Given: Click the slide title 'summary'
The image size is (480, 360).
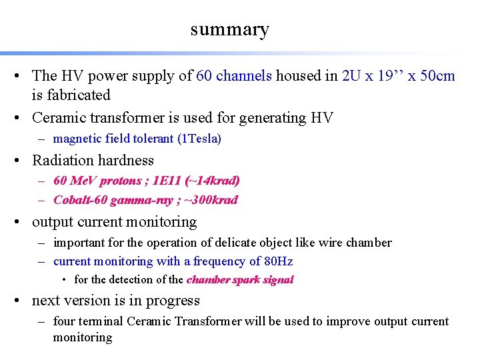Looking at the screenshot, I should click(x=229, y=29).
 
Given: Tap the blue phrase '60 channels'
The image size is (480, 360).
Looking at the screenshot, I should click(x=234, y=76).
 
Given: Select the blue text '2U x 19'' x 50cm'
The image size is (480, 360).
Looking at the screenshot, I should click(x=398, y=76).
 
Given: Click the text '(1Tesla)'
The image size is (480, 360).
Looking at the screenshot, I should click(x=200, y=139).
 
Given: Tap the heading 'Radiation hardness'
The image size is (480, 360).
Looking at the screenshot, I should click(x=93, y=161).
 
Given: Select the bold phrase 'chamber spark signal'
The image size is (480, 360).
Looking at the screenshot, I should click(x=240, y=280).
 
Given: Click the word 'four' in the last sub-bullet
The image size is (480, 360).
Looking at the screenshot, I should click(x=65, y=321).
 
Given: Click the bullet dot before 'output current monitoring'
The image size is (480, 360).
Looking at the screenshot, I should click(x=22, y=222).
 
